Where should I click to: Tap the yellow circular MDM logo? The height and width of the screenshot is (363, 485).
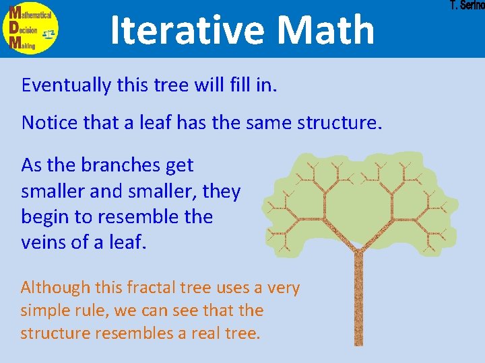click(x=30, y=28)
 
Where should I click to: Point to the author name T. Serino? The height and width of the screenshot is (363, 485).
click(x=467, y=6)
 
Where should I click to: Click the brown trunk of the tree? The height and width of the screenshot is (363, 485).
click(x=358, y=302)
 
